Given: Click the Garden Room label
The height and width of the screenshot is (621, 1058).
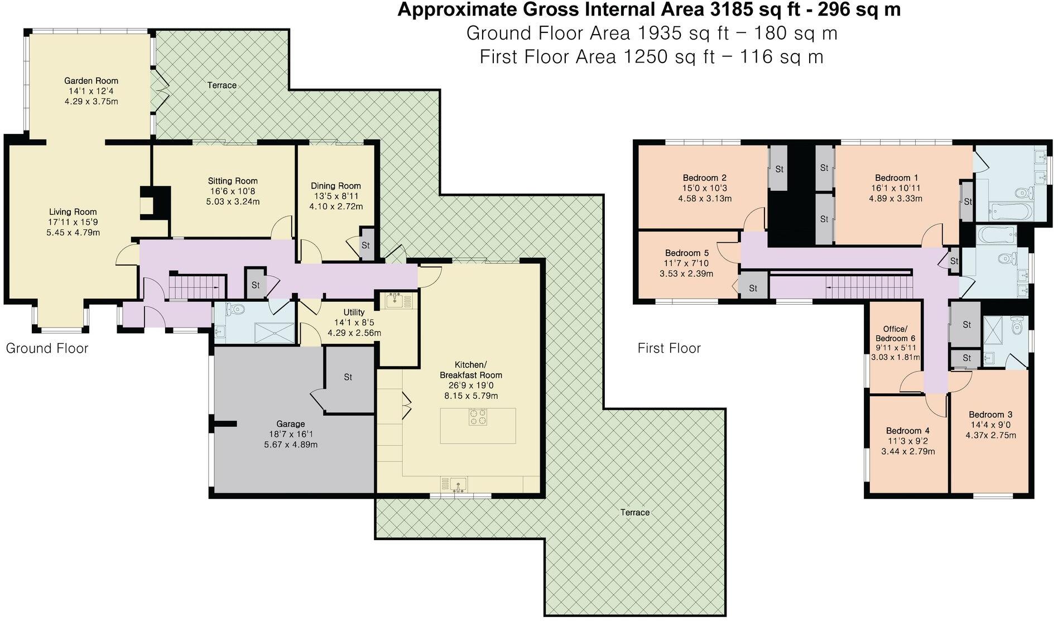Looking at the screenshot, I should pos(91,81).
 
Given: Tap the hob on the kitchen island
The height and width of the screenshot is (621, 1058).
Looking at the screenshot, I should pos(478,417).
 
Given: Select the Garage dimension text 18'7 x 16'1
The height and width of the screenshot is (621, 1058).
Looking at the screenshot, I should pos(291,434).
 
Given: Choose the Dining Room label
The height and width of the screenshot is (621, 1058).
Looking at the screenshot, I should pos(336,186).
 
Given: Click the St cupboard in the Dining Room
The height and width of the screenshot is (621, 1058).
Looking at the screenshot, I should pos(366,244).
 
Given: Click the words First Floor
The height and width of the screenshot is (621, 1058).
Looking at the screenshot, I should pos(669,349).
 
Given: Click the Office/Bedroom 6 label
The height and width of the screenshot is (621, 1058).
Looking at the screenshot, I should pos(895,334).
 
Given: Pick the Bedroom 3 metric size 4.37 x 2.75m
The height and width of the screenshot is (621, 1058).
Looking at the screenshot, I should pos(990,435).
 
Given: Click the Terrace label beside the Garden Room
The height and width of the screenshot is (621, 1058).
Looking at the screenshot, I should pos(222,85).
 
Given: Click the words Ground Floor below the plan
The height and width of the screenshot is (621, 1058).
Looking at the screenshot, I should pos(47,349).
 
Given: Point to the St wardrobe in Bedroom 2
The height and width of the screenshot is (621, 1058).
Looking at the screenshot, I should pos(779,169).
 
